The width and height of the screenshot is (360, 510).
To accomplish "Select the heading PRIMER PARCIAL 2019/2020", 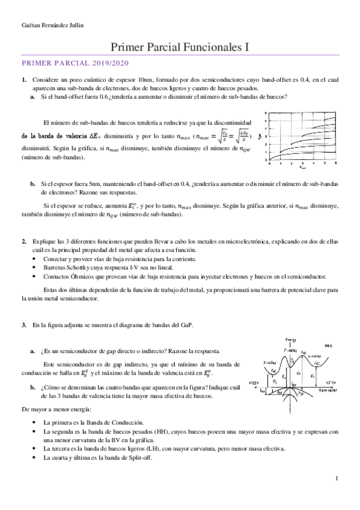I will [x=75, y=63].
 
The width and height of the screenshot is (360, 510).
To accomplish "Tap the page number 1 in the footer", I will [x=337, y=478].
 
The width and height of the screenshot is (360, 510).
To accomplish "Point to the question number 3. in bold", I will [x=24, y=325].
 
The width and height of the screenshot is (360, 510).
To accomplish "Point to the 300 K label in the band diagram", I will [x=330, y=347].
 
